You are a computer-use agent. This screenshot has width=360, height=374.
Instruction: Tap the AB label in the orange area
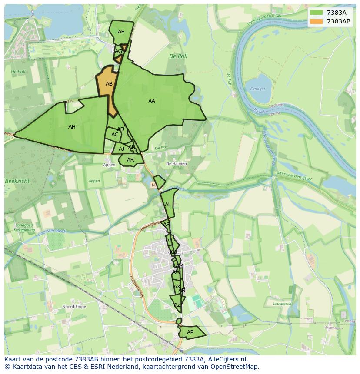[109, 84]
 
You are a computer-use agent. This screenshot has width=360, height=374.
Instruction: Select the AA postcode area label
[151, 101]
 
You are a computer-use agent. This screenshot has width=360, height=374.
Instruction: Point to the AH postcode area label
[72, 127]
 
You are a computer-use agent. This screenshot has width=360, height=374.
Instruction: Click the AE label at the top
[121, 32]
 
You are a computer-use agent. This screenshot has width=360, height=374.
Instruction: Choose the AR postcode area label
[130, 160]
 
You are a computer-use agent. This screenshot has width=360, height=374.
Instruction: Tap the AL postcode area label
[168, 205]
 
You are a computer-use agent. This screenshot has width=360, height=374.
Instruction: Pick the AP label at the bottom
[190, 332]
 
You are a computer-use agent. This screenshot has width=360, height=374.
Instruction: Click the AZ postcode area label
[177, 305]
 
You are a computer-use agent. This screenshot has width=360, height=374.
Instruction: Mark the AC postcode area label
[115, 135]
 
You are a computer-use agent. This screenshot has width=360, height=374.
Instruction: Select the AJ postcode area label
[121, 149]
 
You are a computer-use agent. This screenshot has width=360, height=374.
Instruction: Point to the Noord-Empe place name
[74, 307]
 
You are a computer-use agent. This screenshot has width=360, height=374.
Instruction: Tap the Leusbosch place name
[282, 304]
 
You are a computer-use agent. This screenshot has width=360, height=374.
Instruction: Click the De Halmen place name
[177, 164]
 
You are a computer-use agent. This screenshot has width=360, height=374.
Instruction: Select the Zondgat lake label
[257, 89]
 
